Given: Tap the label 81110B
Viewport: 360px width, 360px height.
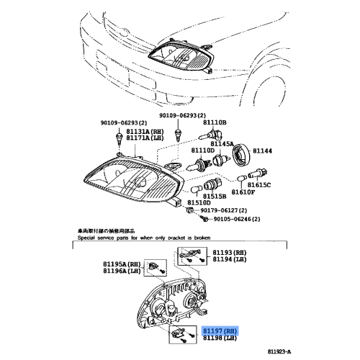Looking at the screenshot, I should pos(215,123).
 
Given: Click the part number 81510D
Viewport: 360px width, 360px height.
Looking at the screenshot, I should pos(199,203).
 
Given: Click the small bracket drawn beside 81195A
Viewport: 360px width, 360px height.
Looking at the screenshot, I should pos(153,268).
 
